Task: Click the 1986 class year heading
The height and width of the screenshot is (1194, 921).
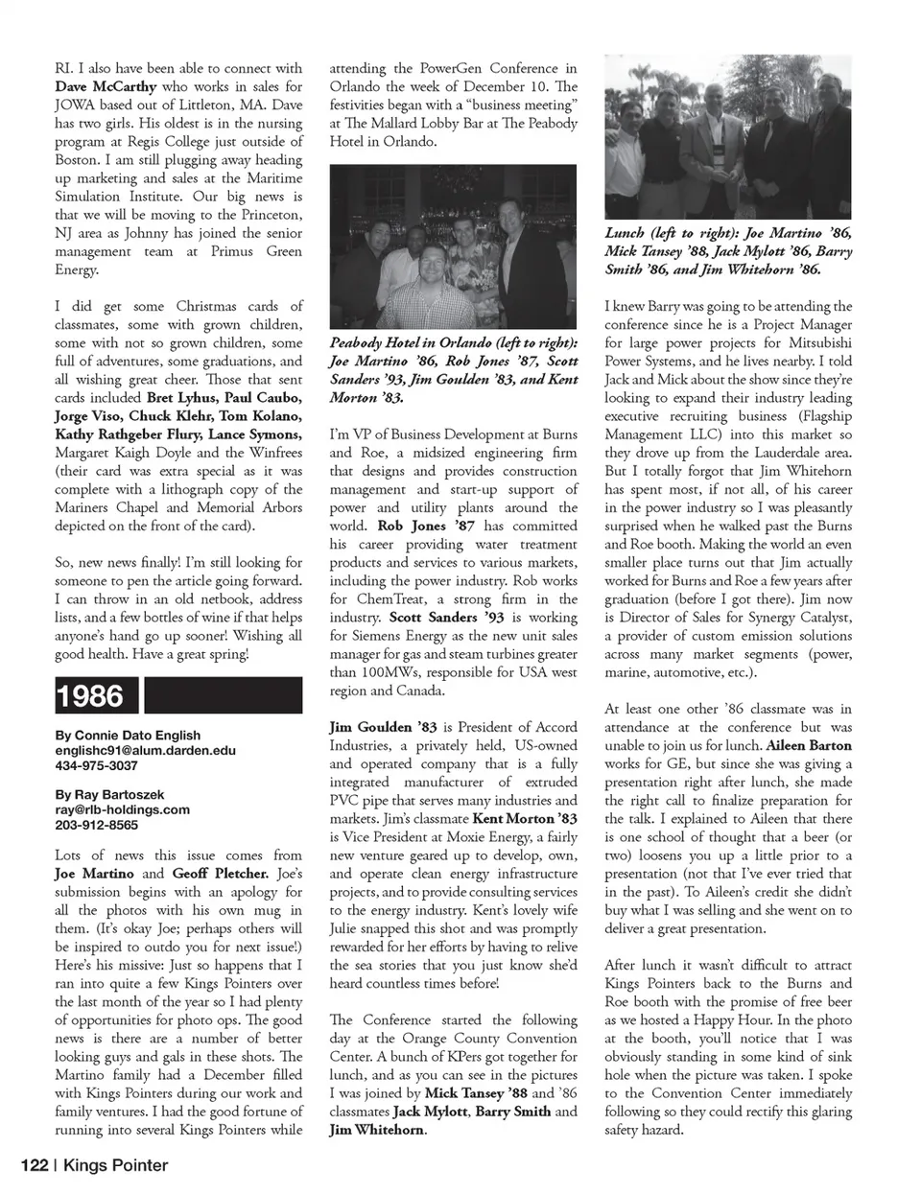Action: (x=90, y=695)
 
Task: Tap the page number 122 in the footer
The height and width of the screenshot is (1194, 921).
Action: (x=35, y=1166)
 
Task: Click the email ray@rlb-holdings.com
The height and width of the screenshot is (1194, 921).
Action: (x=122, y=809)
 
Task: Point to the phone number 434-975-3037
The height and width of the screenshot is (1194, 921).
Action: (x=96, y=765)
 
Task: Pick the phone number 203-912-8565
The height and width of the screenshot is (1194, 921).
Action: (x=96, y=824)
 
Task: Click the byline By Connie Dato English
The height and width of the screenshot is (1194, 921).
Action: (x=129, y=736)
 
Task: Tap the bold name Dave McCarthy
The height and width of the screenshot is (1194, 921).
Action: (x=106, y=86)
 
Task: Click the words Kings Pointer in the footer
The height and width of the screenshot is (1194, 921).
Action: (x=116, y=1166)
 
